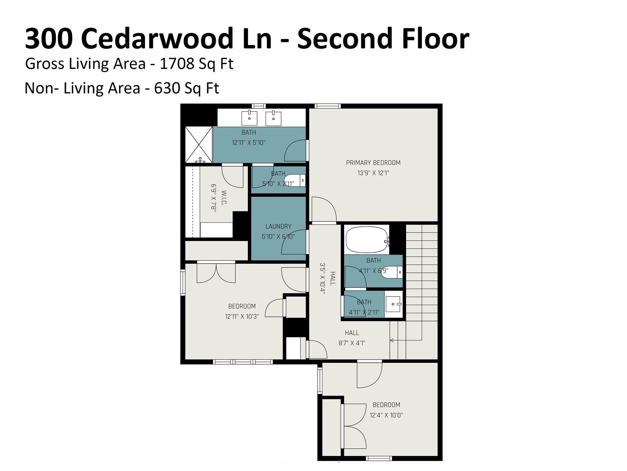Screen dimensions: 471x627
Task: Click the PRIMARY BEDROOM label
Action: pos(373,163)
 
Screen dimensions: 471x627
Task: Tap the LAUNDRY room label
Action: pos(278,226)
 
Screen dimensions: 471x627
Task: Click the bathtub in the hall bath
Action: pos(366,240)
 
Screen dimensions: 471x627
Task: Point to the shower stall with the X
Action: pos(199,144)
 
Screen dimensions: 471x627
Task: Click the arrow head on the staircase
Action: pos(392,340)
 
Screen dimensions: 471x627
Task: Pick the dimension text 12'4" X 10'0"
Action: pos(386,415)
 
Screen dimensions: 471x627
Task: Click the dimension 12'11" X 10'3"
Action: pos(242,316)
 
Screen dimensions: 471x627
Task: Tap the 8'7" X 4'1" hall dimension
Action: pos(352,343)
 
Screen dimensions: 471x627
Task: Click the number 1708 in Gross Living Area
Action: pos(177,64)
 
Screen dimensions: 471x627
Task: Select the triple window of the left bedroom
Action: pos(243,362)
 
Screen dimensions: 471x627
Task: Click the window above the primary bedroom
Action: pos(328,106)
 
